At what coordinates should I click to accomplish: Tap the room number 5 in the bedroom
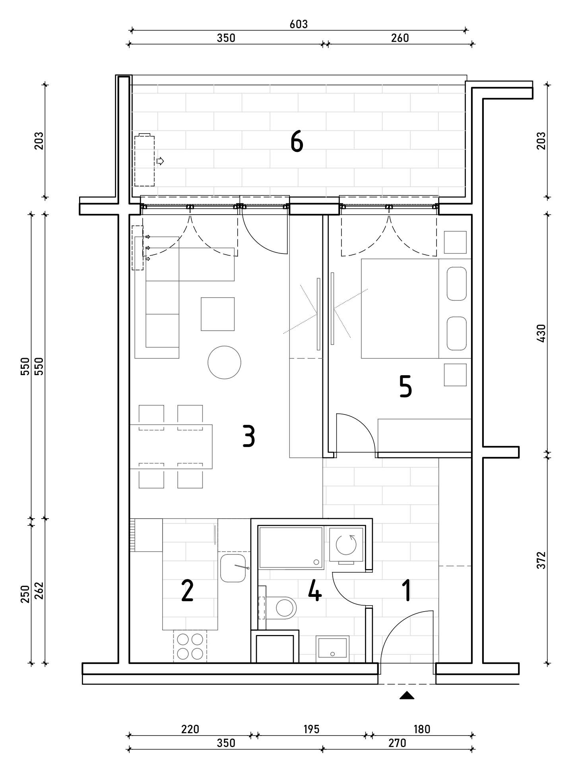(405, 387)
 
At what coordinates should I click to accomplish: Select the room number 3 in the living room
(249, 436)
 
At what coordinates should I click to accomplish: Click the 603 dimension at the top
(299, 25)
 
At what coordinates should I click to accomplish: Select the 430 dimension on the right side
(541, 333)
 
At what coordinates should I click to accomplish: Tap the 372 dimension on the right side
(541, 560)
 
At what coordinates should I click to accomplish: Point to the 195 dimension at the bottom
(311, 729)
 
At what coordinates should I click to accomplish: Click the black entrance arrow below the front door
(406, 695)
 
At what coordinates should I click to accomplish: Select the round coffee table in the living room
(224, 362)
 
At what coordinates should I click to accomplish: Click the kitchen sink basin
(233, 568)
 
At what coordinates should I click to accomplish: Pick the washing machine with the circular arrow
(346, 544)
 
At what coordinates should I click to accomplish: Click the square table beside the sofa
(217, 314)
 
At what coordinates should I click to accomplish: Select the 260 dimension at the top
(400, 38)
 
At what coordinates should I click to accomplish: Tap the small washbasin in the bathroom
(332, 649)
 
